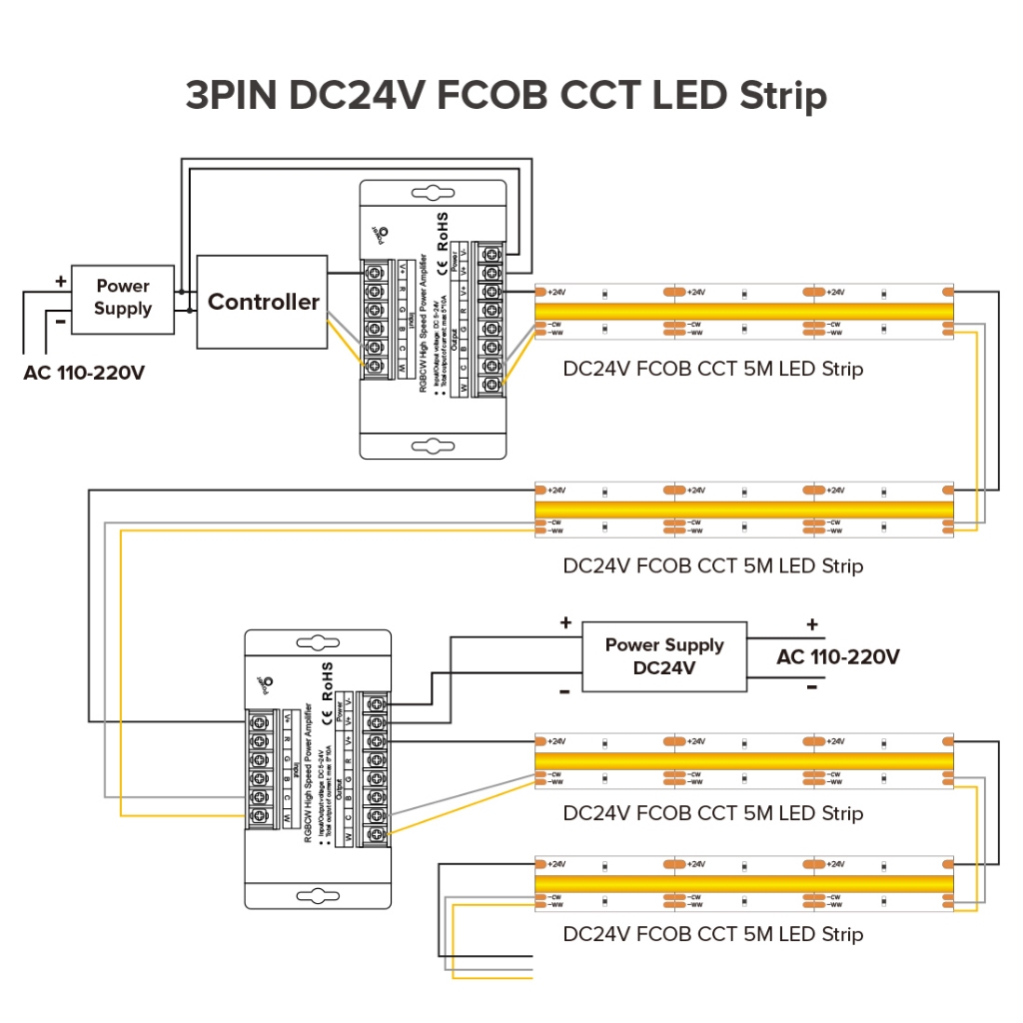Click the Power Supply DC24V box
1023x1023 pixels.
tap(663, 656)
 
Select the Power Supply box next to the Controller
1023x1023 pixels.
tap(122, 297)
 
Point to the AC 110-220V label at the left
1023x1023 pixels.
tap(84, 374)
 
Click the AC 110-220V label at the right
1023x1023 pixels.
tap(838, 656)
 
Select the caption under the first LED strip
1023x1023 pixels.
tap(712, 369)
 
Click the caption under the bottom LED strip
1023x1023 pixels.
tap(712, 934)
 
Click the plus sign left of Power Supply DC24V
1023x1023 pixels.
tap(565, 623)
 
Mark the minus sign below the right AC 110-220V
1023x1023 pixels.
tap(811, 687)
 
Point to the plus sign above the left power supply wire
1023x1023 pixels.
tap(60, 282)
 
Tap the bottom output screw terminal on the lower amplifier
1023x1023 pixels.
tap(377, 834)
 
